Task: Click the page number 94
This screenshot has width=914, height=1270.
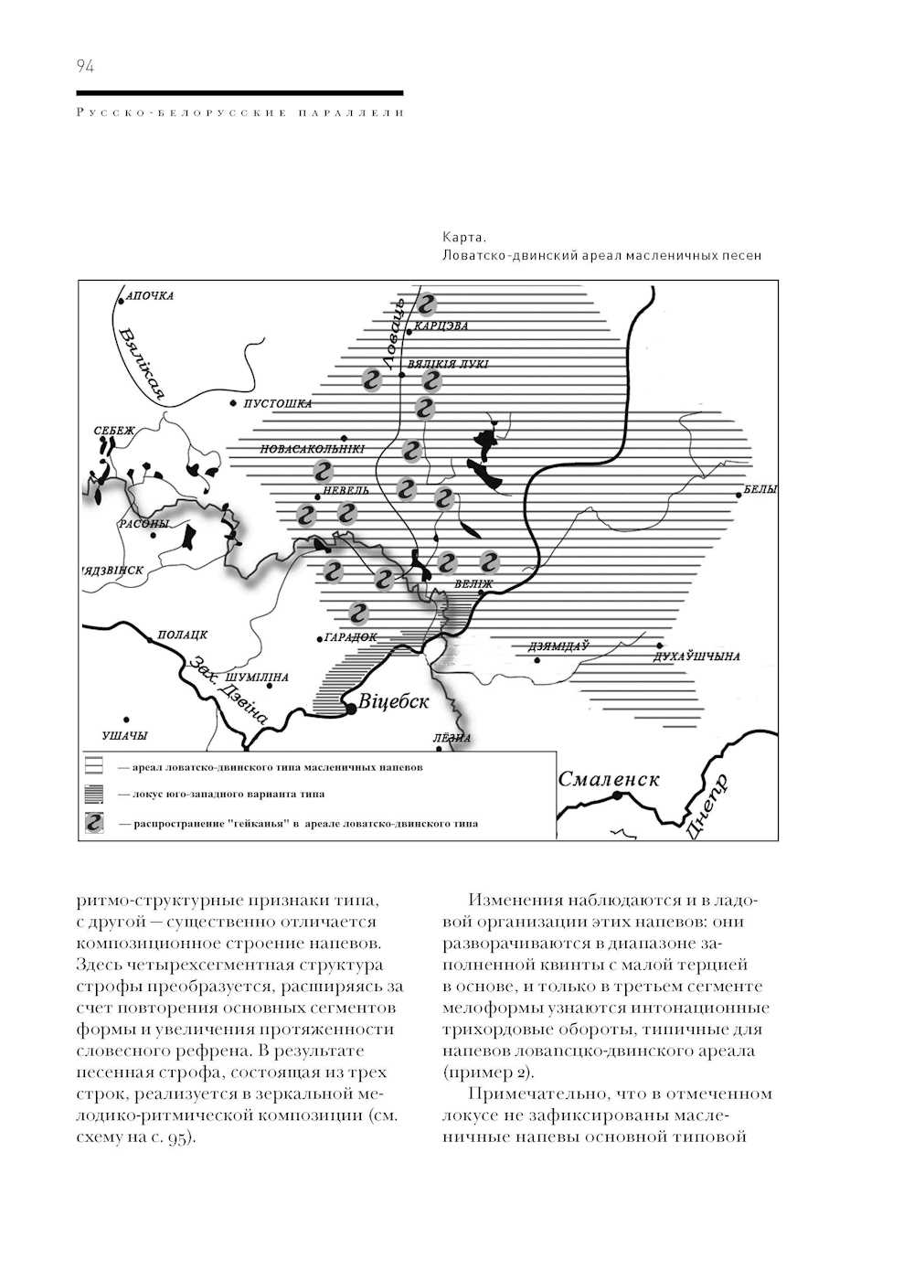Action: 85,66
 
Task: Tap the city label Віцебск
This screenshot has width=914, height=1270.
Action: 393,702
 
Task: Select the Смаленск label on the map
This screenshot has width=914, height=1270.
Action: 609,779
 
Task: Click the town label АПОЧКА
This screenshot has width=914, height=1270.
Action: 150,296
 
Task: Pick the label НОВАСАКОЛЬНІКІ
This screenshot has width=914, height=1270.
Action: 313,450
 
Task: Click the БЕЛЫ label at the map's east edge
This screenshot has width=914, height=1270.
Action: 760,490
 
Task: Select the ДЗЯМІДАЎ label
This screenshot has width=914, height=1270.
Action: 558,646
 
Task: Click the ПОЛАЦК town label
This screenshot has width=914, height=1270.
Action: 183,635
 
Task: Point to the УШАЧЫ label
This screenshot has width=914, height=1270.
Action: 125,735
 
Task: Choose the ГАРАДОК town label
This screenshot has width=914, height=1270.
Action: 350,637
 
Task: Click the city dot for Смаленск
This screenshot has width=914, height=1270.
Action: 618,795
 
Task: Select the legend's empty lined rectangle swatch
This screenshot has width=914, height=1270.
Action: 95,767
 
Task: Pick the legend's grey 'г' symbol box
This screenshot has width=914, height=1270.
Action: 95,823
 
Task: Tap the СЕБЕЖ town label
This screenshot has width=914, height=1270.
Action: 114,431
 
